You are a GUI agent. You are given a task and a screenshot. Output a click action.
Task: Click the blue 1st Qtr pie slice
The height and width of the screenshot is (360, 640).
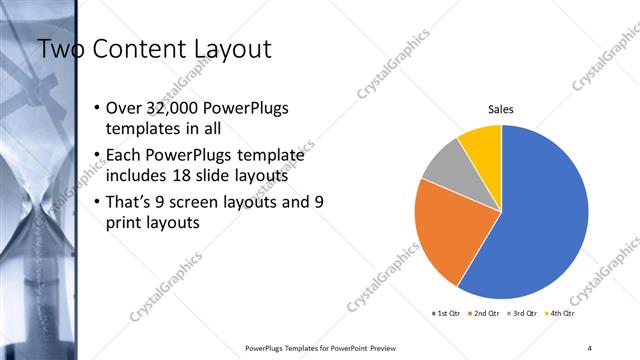click(540, 220)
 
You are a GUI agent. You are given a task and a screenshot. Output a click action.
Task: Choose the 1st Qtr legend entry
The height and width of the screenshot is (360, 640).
click(446, 313)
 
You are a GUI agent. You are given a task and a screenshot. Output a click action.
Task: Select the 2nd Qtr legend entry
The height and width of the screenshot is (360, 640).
click(486, 313)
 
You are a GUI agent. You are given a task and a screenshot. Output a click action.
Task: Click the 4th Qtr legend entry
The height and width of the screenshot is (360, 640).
click(563, 313)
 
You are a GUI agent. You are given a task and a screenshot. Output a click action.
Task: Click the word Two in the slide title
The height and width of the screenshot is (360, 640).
click(61, 48)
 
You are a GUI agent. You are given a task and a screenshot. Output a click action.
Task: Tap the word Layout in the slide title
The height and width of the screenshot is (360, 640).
click(232, 48)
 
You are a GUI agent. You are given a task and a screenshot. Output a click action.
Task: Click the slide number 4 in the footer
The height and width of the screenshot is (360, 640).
click(590, 347)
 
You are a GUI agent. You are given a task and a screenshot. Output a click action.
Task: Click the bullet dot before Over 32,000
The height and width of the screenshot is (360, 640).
click(96, 108)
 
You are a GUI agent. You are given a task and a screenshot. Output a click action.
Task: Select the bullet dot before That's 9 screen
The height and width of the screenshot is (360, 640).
click(96, 202)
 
